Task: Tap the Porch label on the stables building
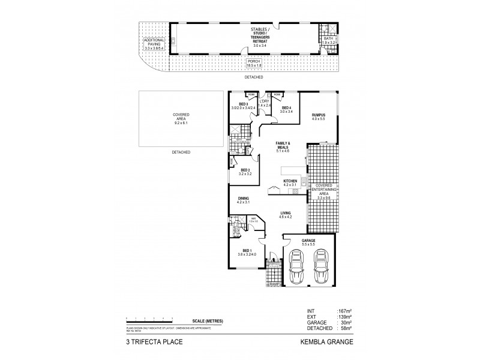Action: tap(254, 62)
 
